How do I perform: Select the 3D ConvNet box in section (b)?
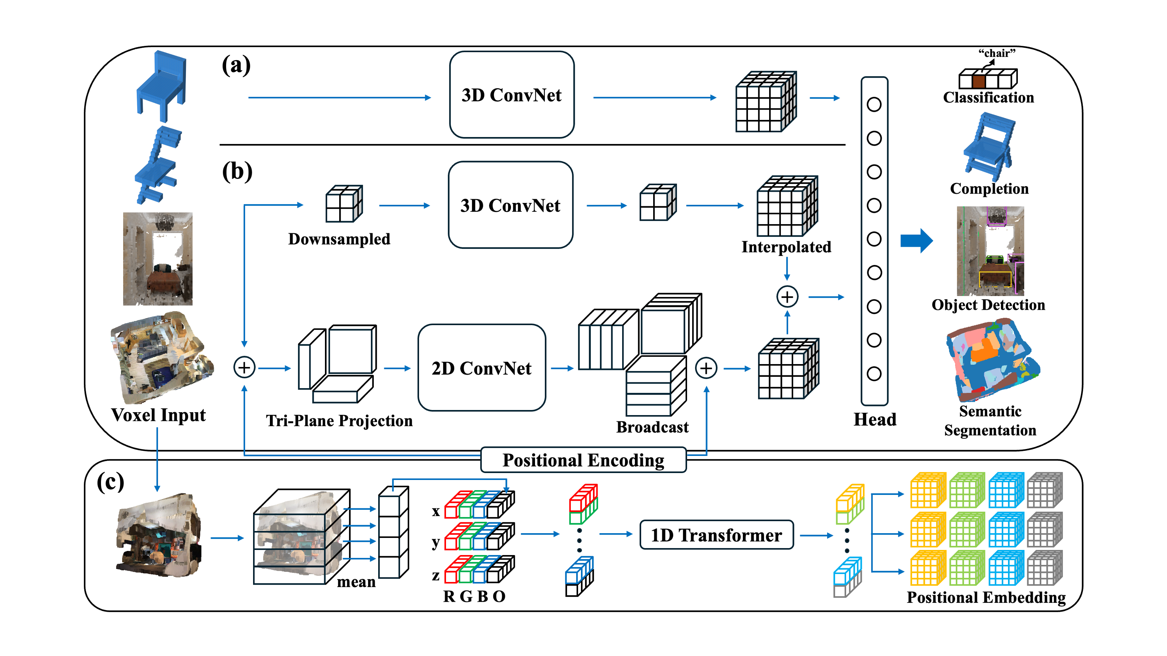pos(510,205)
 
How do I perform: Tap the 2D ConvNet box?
pos(481,368)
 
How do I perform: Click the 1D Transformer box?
pos(716,535)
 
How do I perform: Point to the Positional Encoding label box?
pos(583,460)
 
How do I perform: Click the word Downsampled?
pos(339,239)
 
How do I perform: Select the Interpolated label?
pos(786,247)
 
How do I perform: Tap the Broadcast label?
pos(652,427)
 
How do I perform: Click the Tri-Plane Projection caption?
pos(339,421)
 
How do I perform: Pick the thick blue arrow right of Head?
pos(916,241)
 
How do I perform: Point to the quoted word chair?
pos(997,53)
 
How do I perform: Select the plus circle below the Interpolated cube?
pos(787,297)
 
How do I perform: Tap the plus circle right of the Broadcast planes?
pos(706,368)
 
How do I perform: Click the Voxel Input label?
pos(158,415)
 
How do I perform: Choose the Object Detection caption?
pos(988,305)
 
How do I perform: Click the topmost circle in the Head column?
pos(873,105)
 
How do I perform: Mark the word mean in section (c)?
pos(356,581)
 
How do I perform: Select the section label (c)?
pos(110,482)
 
